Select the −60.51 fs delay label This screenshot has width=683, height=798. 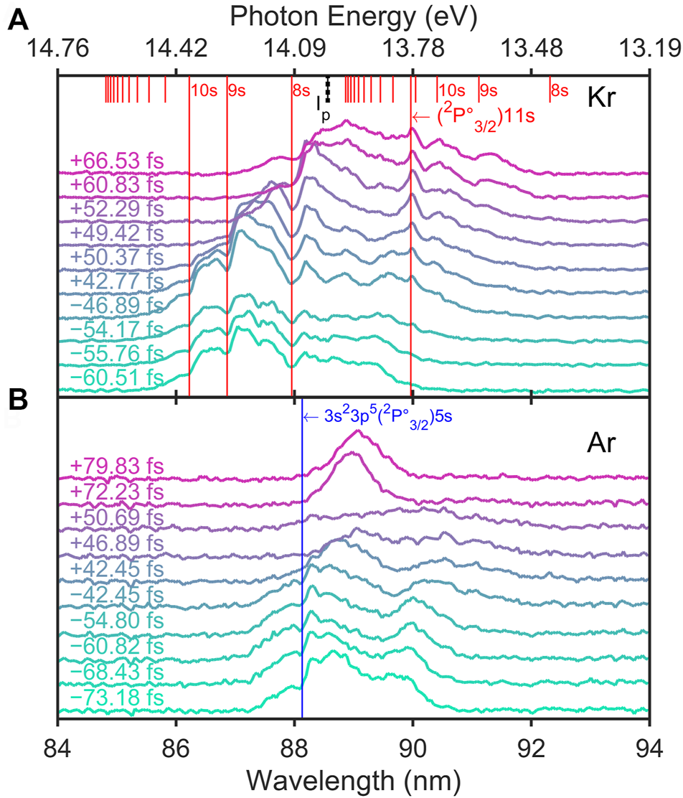pos(118,378)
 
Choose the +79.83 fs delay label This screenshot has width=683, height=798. pos(118,467)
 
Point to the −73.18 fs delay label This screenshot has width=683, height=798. pos(118,699)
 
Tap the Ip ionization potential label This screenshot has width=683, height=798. pos(322,105)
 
